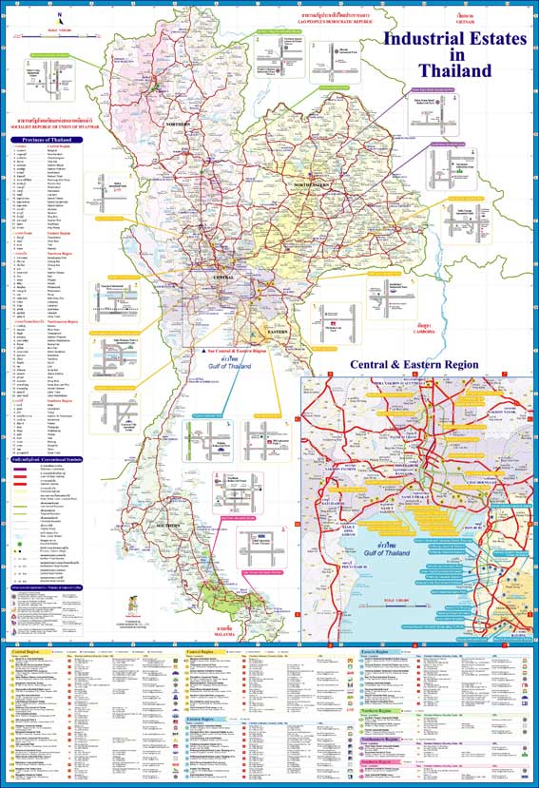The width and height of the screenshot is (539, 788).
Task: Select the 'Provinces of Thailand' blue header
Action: (x=47, y=140)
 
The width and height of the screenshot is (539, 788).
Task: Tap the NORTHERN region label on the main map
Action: (x=180, y=124)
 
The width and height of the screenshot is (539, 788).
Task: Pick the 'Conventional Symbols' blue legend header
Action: (x=47, y=459)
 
